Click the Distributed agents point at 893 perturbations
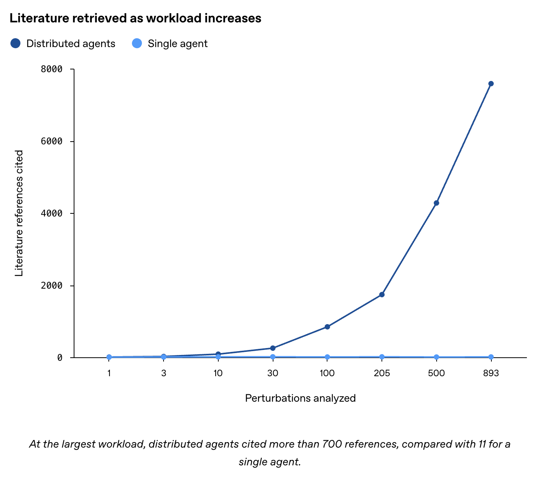[x=491, y=84]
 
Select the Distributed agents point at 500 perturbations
[x=436, y=203]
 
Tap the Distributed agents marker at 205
[x=382, y=294]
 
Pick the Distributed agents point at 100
[x=327, y=327]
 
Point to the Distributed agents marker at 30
[x=273, y=348]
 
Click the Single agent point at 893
[x=491, y=357]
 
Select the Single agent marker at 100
[x=327, y=357]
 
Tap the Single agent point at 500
[x=436, y=357]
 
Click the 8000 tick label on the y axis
[x=51, y=69]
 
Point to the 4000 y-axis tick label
[x=51, y=213]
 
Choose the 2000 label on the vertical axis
[x=51, y=285]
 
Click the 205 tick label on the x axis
[x=382, y=373]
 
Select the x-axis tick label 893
[x=491, y=373]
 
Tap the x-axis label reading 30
[x=273, y=373]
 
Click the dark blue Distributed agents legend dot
[x=15, y=43]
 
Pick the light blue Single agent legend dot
[x=137, y=43]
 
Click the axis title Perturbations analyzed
[x=300, y=398]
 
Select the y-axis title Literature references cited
[x=19, y=213]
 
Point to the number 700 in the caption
[x=332, y=444]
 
